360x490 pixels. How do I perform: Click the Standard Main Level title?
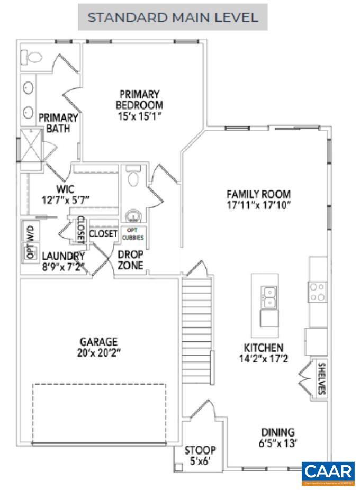tap(173, 17)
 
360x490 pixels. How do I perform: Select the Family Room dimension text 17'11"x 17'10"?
tap(258, 204)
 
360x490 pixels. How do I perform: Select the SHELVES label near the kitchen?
tap(321, 378)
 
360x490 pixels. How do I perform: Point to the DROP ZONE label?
tap(130, 260)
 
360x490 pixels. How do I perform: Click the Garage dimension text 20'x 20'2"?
tap(98, 352)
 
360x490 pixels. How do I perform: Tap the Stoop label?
tap(200, 450)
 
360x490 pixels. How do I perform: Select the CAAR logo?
tap(328, 473)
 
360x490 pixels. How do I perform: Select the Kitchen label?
tap(263, 348)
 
